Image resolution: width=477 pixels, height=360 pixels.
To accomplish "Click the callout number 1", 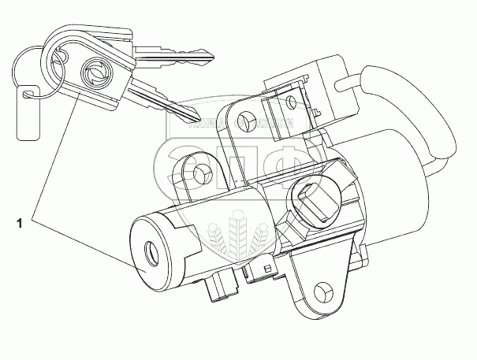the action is [x=17, y=225].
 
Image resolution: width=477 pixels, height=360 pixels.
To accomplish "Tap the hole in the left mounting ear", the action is [x=202, y=173].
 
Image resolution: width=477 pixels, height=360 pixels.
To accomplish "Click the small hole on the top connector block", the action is [x=293, y=102].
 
